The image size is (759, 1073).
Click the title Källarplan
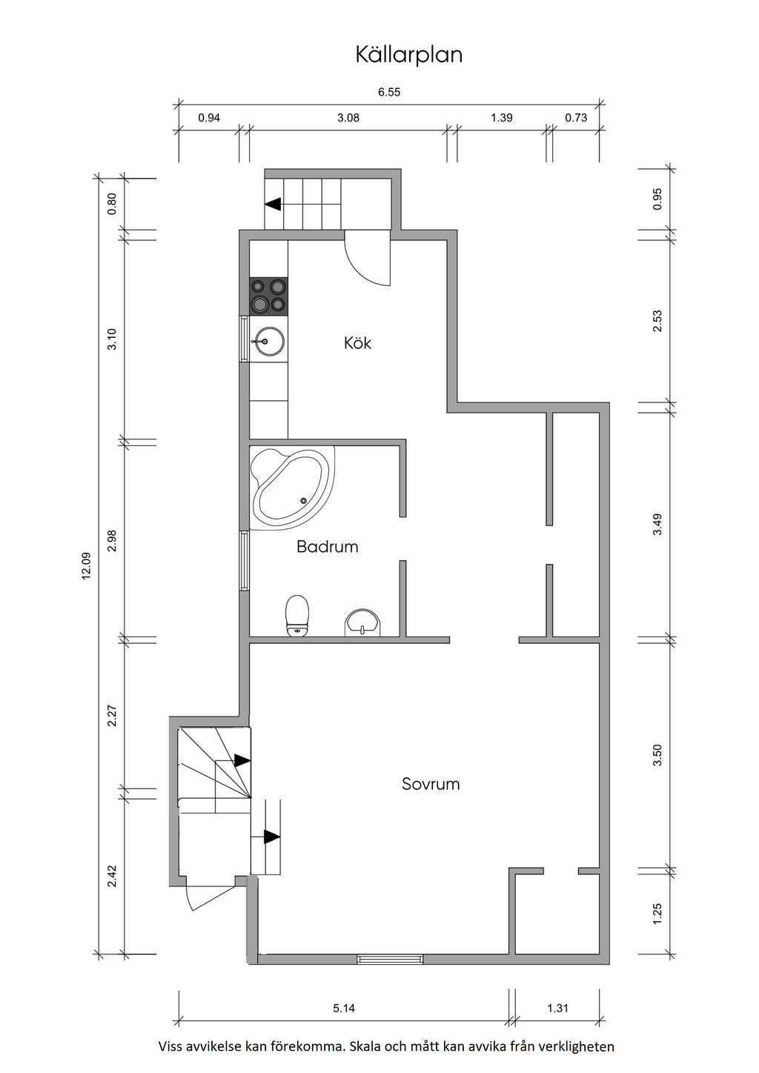click(x=408, y=55)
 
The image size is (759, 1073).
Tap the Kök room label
click(x=357, y=343)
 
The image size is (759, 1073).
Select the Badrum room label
click(x=328, y=547)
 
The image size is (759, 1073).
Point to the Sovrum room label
click(x=431, y=784)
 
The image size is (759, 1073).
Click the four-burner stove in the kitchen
click(x=269, y=296)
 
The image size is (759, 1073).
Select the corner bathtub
click(x=291, y=488)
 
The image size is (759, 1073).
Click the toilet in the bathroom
click(x=297, y=616)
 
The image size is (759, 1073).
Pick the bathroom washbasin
click(x=362, y=622)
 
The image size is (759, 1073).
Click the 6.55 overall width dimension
click(x=389, y=92)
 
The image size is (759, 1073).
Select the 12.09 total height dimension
click(x=86, y=566)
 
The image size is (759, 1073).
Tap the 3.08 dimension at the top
click(x=348, y=118)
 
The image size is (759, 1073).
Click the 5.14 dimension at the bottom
click(x=344, y=1009)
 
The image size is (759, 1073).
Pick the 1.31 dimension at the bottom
click(x=557, y=1009)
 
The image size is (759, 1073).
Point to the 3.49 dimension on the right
click(x=657, y=525)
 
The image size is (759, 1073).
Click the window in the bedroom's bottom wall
click(x=390, y=959)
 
